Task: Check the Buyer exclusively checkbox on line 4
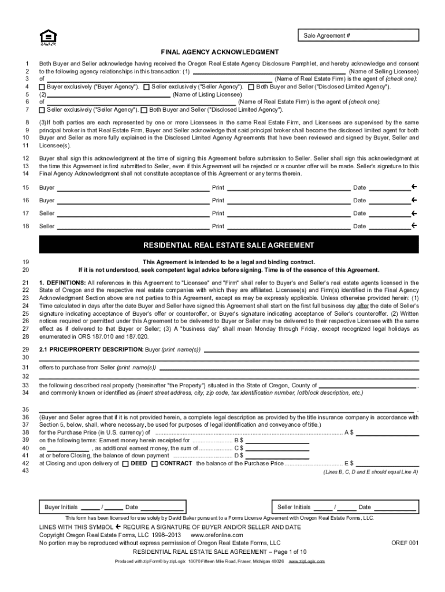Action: pos(42,87)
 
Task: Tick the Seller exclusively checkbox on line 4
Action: pos(146,87)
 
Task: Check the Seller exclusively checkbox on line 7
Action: pos(42,109)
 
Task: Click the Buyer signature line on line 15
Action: pos(132,188)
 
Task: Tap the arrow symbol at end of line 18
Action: pos(414,226)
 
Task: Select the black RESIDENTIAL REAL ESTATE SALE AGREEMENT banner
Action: pos(228,245)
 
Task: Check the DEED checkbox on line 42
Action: pos(125,464)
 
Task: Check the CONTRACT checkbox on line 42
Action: pos(154,464)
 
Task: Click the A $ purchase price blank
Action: pos(388,432)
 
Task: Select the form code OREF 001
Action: pos(404,543)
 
